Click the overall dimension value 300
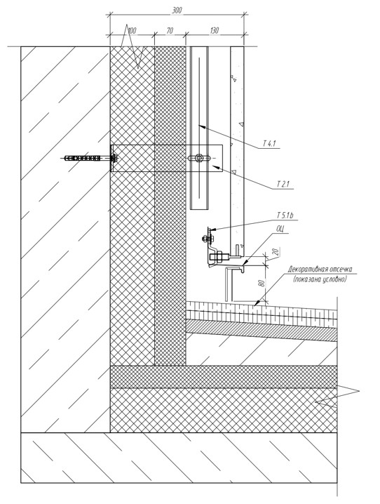177,11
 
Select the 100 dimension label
132,31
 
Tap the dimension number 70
170,31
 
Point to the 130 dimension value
215,31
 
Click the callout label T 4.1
269,144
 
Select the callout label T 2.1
283,184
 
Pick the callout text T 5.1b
285,215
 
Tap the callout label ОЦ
280,228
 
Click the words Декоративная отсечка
320,269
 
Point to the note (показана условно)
320,279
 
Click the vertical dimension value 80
262,283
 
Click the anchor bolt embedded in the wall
91,158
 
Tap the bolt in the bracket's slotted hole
199,158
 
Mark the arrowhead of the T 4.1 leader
201,126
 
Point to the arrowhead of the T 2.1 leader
216,167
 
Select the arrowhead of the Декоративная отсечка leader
257,303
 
